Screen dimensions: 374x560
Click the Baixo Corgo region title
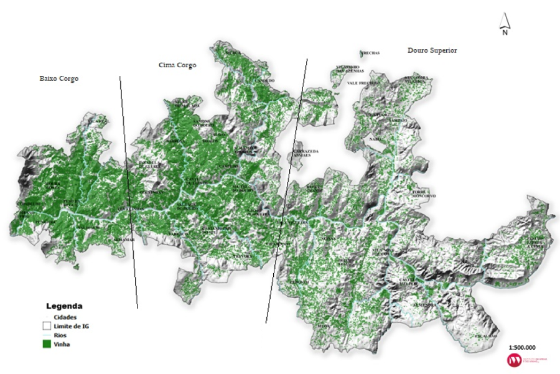pyautogui.click(x=59, y=79)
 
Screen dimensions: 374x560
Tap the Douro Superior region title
pyautogui.click(x=432, y=50)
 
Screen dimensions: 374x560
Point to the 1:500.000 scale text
pyautogui.click(x=522, y=347)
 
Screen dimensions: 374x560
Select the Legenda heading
pyautogui.click(x=64, y=306)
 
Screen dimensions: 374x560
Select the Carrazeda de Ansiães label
pyautogui.click(x=306, y=153)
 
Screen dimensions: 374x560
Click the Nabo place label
pyautogui.click(x=375, y=139)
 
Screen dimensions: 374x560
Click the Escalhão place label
pyautogui.click(x=485, y=336)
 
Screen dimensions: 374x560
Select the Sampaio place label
pyautogui.click(x=399, y=120)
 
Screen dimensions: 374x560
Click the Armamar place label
pyautogui.click(x=124, y=239)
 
